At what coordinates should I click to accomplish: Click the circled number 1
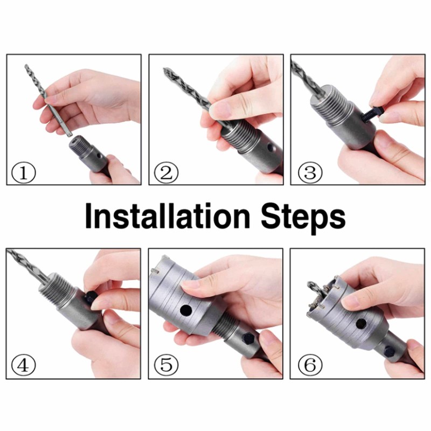pos(24,172)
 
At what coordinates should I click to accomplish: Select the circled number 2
pos(166,172)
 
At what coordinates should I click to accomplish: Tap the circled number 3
pos(310,172)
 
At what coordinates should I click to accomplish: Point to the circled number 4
pos(24,365)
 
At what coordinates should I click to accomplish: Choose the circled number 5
pos(166,365)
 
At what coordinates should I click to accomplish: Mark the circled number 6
pos(310,365)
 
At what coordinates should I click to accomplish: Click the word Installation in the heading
pos(168,216)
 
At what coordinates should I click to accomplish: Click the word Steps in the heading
pos(303,219)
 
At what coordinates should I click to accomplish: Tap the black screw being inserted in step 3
pos(371,115)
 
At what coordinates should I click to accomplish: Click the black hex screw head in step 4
pos(91,297)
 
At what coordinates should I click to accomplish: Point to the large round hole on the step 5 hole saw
pos(186,310)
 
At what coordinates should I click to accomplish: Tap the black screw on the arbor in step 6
pos(389,351)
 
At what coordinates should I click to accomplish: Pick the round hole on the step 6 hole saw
pos(361,324)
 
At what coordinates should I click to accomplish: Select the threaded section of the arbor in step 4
pos(57,289)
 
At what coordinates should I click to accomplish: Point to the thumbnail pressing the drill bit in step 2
pos(219,110)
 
